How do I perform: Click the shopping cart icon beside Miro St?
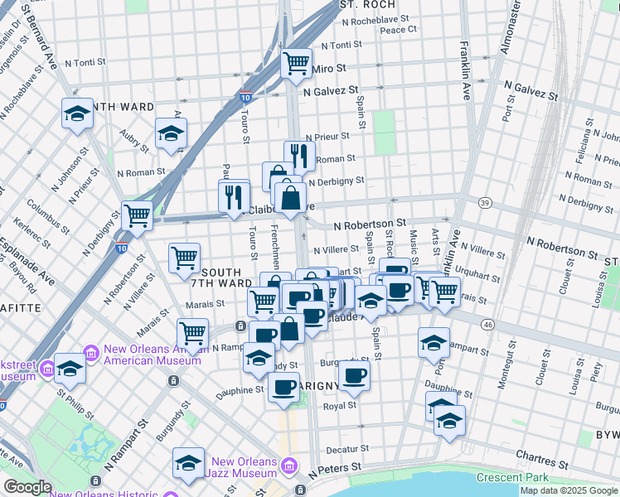tap(296, 63)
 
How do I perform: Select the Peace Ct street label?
tap(398, 29)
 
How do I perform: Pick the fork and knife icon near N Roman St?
tap(299, 156)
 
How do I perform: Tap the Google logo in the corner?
tap(27, 487)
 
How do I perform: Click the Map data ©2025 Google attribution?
tap(569, 490)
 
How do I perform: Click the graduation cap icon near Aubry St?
tap(172, 133)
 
